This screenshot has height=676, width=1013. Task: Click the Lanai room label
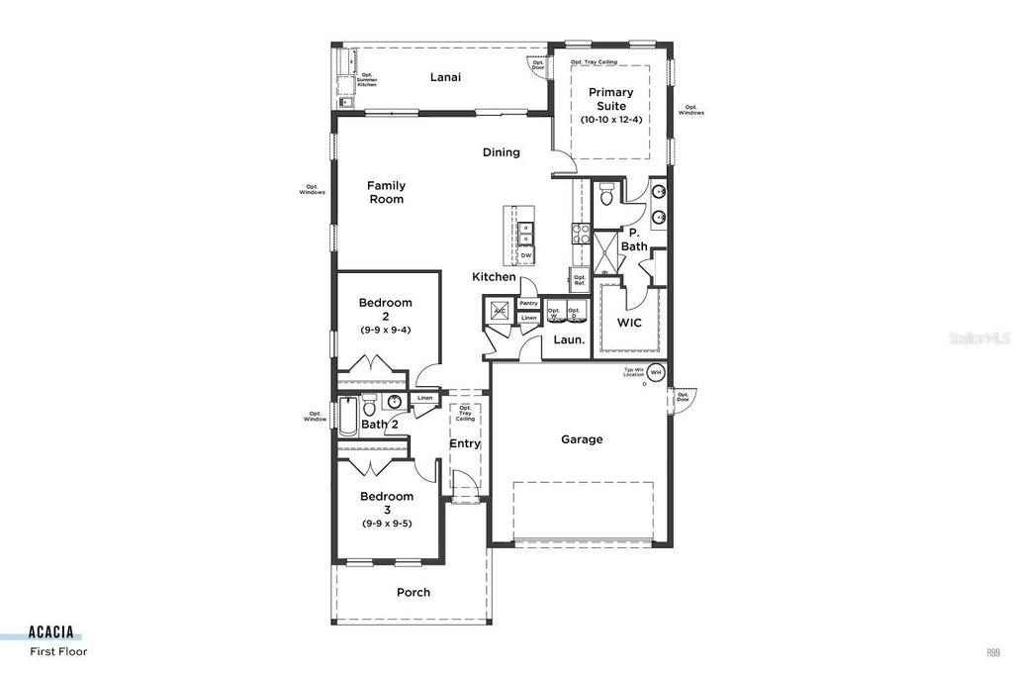(445, 76)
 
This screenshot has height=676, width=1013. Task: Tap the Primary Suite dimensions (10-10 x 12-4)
(610, 119)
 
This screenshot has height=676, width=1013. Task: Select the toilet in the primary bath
(606, 194)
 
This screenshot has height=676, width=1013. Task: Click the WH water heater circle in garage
(655, 372)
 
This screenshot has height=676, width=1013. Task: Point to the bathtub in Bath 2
(348, 417)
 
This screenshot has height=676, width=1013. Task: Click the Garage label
(582, 439)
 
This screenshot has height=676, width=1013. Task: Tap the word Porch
(414, 592)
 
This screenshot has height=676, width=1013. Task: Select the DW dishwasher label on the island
(525, 255)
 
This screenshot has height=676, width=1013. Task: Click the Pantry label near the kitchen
(528, 304)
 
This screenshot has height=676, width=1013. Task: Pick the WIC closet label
(629, 324)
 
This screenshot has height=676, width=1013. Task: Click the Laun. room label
(568, 339)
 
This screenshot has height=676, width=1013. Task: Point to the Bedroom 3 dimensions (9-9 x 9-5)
(386, 523)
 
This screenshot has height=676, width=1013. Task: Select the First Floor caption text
(58, 651)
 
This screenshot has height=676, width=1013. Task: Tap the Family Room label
(387, 192)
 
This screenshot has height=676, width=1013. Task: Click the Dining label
(501, 152)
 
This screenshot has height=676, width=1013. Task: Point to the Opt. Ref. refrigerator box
(580, 280)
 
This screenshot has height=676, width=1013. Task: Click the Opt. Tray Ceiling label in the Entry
(465, 413)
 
